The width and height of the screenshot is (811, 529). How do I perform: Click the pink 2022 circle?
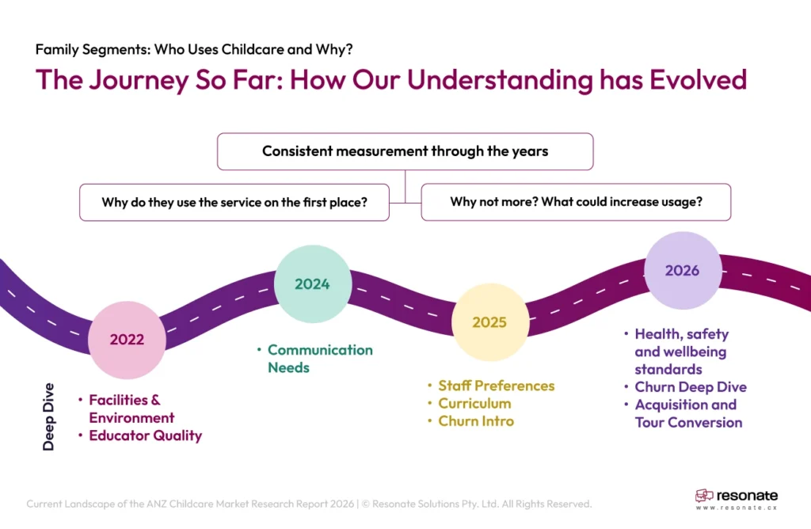click(127, 340)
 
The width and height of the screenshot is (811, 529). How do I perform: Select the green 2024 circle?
click(312, 284)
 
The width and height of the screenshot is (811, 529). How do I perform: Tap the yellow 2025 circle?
click(489, 322)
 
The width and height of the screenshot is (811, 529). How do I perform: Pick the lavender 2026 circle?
click(682, 270)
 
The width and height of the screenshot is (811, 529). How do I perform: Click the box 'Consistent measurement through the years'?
click(405, 151)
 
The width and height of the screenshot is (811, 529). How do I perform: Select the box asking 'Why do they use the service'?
click(234, 202)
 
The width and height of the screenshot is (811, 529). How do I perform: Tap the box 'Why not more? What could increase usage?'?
click(576, 202)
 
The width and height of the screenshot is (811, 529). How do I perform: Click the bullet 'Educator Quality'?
click(145, 436)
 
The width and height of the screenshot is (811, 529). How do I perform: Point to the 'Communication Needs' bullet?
click(320, 359)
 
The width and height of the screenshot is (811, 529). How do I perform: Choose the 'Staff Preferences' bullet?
click(497, 386)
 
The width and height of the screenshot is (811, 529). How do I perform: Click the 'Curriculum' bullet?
click(474, 403)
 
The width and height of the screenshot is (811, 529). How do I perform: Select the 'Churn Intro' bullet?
click(476, 421)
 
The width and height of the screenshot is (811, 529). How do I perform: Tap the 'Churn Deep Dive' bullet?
click(690, 387)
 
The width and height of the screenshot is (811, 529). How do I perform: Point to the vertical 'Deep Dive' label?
click(49, 417)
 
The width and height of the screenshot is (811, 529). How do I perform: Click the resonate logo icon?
click(704, 497)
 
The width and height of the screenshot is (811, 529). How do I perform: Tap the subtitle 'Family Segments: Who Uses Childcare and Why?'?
click(194, 49)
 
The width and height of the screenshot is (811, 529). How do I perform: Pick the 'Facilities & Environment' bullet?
click(131, 409)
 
